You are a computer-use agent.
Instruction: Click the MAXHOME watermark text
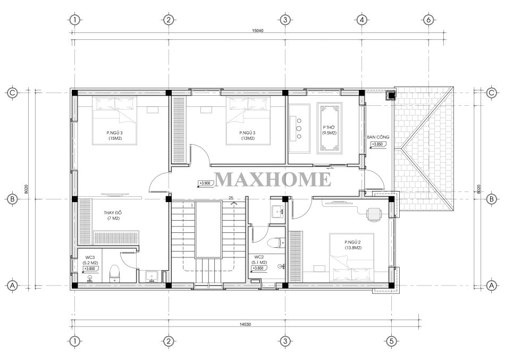pyautogui.click(x=273, y=179)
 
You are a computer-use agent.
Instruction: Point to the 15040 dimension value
pyautogui.click(x=257, y=31)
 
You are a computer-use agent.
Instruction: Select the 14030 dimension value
pyautogui.click(x=245, y=324)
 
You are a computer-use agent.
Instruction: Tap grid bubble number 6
pyautogui.click(x=428, y=20)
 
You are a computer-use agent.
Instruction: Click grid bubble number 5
pyautogui.click(x=392, y=341)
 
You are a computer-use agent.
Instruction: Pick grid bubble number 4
pyautogui.click(x=361, y=20)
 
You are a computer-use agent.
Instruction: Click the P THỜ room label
pyautogui.click(x=329, y=127)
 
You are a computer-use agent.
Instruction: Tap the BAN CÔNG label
pyautogui.click(x=378, y=137)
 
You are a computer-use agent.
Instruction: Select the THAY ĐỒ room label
pyautogui.click(x=113, y=213)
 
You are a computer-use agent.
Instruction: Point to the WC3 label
pyautogui.click(x=90, y=257)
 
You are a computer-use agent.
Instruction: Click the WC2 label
pyautogui.click(x=259, y=257)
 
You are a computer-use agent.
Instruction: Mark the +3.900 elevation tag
pyautogui.click(x=205, y=183)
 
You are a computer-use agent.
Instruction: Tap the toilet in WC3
pyautogui.click(x=114, y=273)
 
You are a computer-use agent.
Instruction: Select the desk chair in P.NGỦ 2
pyautogui.click(x=374, y=215)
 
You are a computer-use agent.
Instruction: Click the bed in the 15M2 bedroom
pyautogui.click(x=115, y=121)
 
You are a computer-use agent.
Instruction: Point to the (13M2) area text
pyautogui.click(x=248, y=138)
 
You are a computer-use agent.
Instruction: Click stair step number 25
pyautogui.click(x=231, y=198)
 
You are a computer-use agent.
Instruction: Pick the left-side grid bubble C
pyautogui.click(x=12, y=93)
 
